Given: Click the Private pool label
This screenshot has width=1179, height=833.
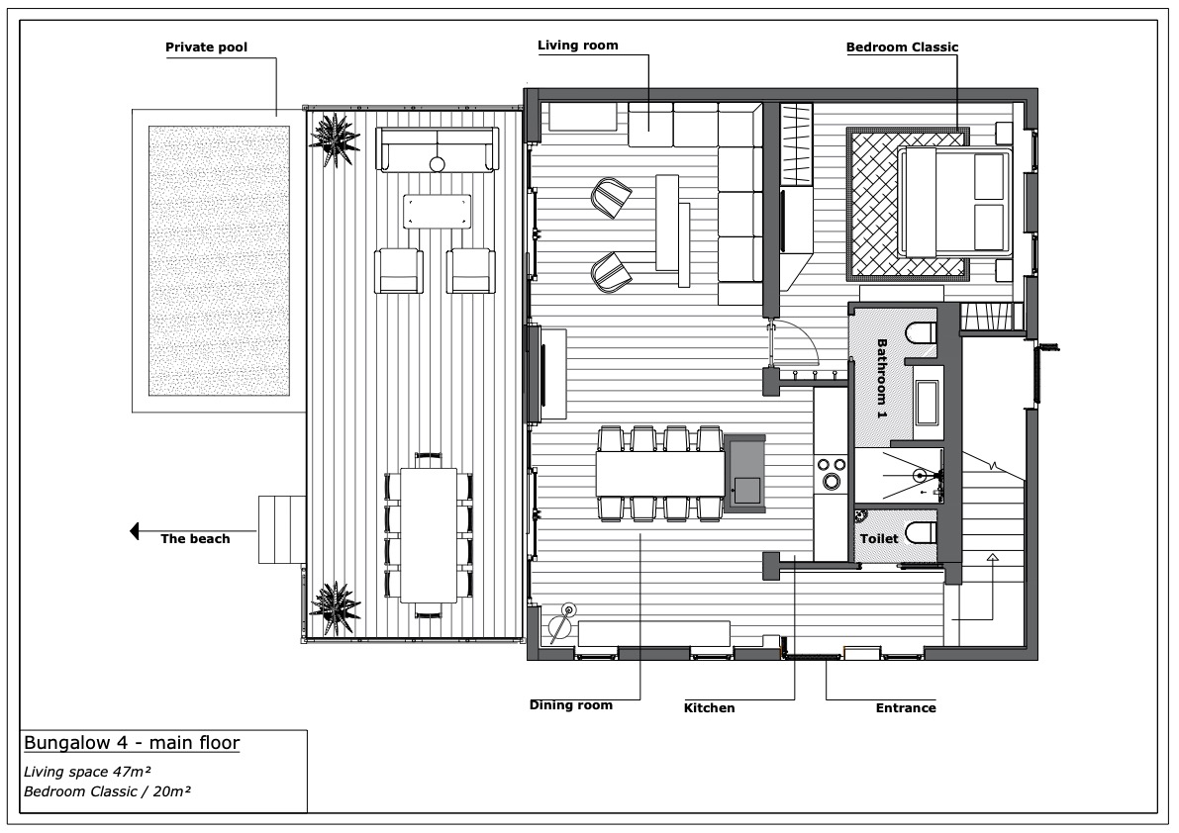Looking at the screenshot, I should (x=206, y=46).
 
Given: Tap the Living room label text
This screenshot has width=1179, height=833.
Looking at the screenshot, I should (x=577, y=46).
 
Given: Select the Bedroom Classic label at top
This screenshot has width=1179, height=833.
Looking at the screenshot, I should (x=902, y=46).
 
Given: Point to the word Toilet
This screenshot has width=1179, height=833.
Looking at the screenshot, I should (x=879, y=539).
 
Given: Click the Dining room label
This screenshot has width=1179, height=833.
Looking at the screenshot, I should (x=570, y=705).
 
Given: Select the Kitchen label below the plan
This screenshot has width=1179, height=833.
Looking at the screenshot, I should (x=710, y=708).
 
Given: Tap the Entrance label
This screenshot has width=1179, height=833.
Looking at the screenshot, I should (x=905, y=708).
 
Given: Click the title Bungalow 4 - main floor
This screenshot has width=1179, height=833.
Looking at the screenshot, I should (x=131, y=743).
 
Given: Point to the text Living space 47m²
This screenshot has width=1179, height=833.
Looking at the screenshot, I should (x=87, y=770).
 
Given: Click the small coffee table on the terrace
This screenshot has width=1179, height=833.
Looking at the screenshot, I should (x=436, y=210).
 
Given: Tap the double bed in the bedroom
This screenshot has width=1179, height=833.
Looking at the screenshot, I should (x=954, y=201).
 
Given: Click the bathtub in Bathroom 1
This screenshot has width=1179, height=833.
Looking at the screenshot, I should (x=929, y=407).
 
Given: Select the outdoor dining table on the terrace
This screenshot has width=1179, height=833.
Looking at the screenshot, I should (x=428, y=535).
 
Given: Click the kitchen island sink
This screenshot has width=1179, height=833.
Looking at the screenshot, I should (x=745, y=490).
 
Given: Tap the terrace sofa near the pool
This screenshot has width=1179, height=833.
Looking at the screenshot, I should (x=436, y=151).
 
